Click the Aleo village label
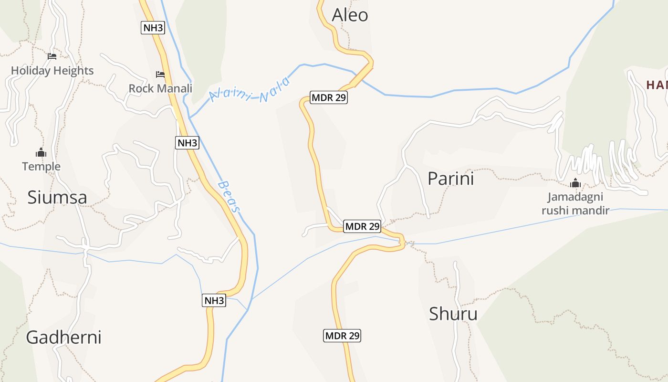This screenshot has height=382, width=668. [350, 15]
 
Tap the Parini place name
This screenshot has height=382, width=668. [450, 179]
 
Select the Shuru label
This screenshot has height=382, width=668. [453, 314]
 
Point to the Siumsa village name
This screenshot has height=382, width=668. [57, 197]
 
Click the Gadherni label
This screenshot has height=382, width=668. [63, 337]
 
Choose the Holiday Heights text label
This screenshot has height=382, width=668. [52, 71]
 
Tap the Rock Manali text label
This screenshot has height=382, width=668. [160, 88]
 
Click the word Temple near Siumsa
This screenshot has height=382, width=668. [41, 166]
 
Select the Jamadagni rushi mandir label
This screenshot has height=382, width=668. [575, 203]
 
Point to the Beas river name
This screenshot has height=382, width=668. [229, 196]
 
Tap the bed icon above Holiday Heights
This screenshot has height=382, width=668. [52, 56]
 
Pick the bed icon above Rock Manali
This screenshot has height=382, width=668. [160, 74]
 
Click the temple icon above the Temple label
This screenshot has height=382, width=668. [41, 153]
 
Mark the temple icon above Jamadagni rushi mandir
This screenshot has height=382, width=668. [575, 183]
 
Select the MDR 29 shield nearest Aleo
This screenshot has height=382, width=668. [328, 98]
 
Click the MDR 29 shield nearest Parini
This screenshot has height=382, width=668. [362, 226]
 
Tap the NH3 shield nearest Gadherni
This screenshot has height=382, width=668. [214, 300]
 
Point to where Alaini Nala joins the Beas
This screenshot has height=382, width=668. [190, 117]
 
